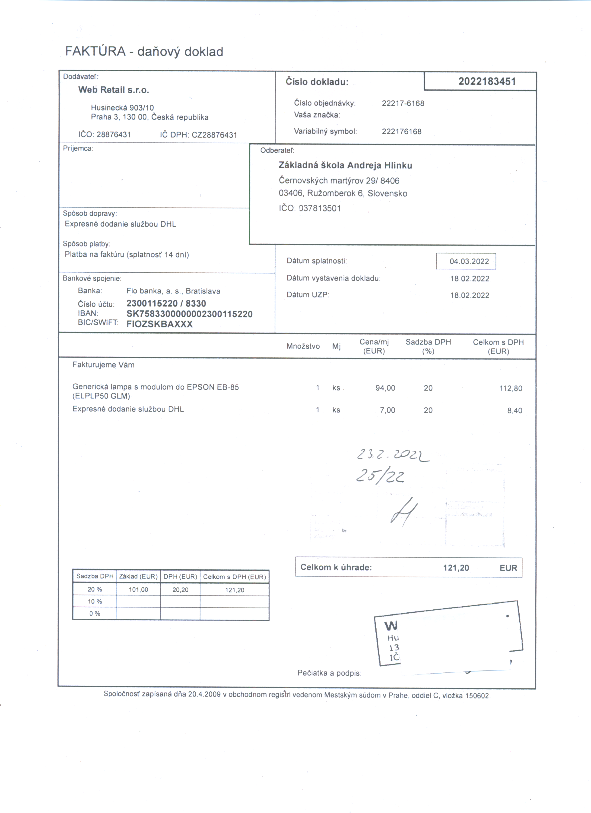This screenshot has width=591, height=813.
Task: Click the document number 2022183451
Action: tap(487, 81)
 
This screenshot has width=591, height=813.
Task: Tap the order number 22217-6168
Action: tap(403, 103)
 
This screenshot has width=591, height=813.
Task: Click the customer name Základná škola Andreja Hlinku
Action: tap(345, 165)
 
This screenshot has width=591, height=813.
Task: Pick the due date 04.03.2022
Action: tap(469, 261)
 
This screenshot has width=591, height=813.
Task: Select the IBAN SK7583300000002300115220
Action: tap(189, 314)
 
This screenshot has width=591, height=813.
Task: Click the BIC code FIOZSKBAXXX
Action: tap(160, 324)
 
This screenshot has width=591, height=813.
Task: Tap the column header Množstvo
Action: tap(303, 346)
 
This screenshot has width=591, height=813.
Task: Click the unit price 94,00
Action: tap(385, 388)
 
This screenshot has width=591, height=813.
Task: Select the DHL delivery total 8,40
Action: tap(515, 410)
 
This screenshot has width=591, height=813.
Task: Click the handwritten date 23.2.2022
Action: tap(393, 455)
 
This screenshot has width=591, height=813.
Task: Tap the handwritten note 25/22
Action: tap(380, 476)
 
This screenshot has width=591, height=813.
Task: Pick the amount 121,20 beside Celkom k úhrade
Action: tap(456, 568)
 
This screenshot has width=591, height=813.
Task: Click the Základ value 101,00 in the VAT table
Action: tap(138, 590)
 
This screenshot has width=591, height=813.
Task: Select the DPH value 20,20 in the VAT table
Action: tap(180, 590)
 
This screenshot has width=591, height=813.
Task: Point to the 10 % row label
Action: tap(95, 602)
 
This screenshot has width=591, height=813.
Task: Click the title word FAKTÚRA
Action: tap(95, 51)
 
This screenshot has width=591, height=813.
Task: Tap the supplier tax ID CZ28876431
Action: tap(214, 135)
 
